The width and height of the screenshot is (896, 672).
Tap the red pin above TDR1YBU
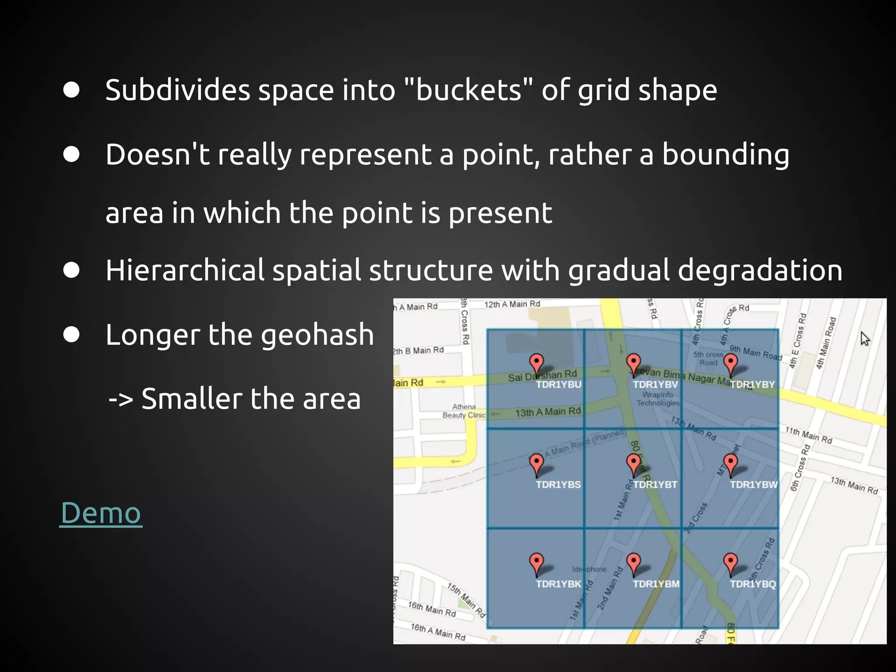pyautogui.click(x=536, y=363)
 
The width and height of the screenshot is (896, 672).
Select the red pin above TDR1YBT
pyautogui.click(x=633, y=463)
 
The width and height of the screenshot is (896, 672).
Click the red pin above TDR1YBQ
pyautogui.click(x=730, y=562)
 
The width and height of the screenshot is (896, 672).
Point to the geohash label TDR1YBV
pyautogui.click(x=655, y=385)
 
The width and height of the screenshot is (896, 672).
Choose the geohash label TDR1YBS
pyautogui.click(x=558, y=485)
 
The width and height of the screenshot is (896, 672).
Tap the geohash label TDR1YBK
pyautogui.click(x=558, y=584)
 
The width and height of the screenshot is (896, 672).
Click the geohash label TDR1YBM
pyautogui.click(x=656, y=584)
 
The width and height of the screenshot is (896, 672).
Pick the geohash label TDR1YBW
pyautogui.click(x=753, y=485)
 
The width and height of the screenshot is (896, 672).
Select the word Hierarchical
pyautogui.click(x=185, y=270)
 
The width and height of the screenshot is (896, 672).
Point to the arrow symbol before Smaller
pyautogui.click(x=121, y=399)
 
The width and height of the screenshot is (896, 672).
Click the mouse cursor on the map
pyautogui.click(x=864, y=338)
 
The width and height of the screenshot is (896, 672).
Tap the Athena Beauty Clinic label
pyautogui.click(x=464, y=411)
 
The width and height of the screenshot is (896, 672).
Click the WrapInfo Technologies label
pyautogui.click(x=658, y=399)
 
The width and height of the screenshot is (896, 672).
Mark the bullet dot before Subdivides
pyautogui.click(x=71, y=90)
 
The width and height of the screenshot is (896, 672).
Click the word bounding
pyautogui.click(x=725, y=155)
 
